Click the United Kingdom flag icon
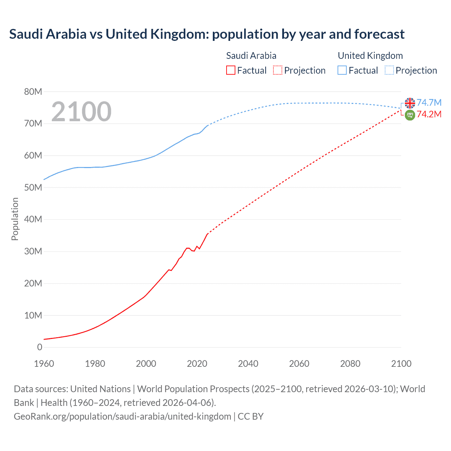point(410,103)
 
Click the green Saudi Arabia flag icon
point(410,115)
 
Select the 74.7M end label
point(429,103)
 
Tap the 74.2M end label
point(429,114)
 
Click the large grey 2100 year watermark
point(81,112)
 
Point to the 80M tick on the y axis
point(33,92)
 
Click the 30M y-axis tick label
point(33,252)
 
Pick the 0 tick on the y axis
point(39,347)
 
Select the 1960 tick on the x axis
point(44,364)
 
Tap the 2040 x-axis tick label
point(248,364)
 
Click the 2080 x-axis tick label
point(350,364)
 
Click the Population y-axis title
point(15,219)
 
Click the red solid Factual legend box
point(231,70)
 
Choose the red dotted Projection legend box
point(278,70)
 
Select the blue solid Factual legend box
point(342,70)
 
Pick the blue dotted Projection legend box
point(389,70)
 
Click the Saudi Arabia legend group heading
point(251,56)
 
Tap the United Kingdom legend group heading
point(370,56)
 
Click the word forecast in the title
point(379,34)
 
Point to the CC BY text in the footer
point(251,416)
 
